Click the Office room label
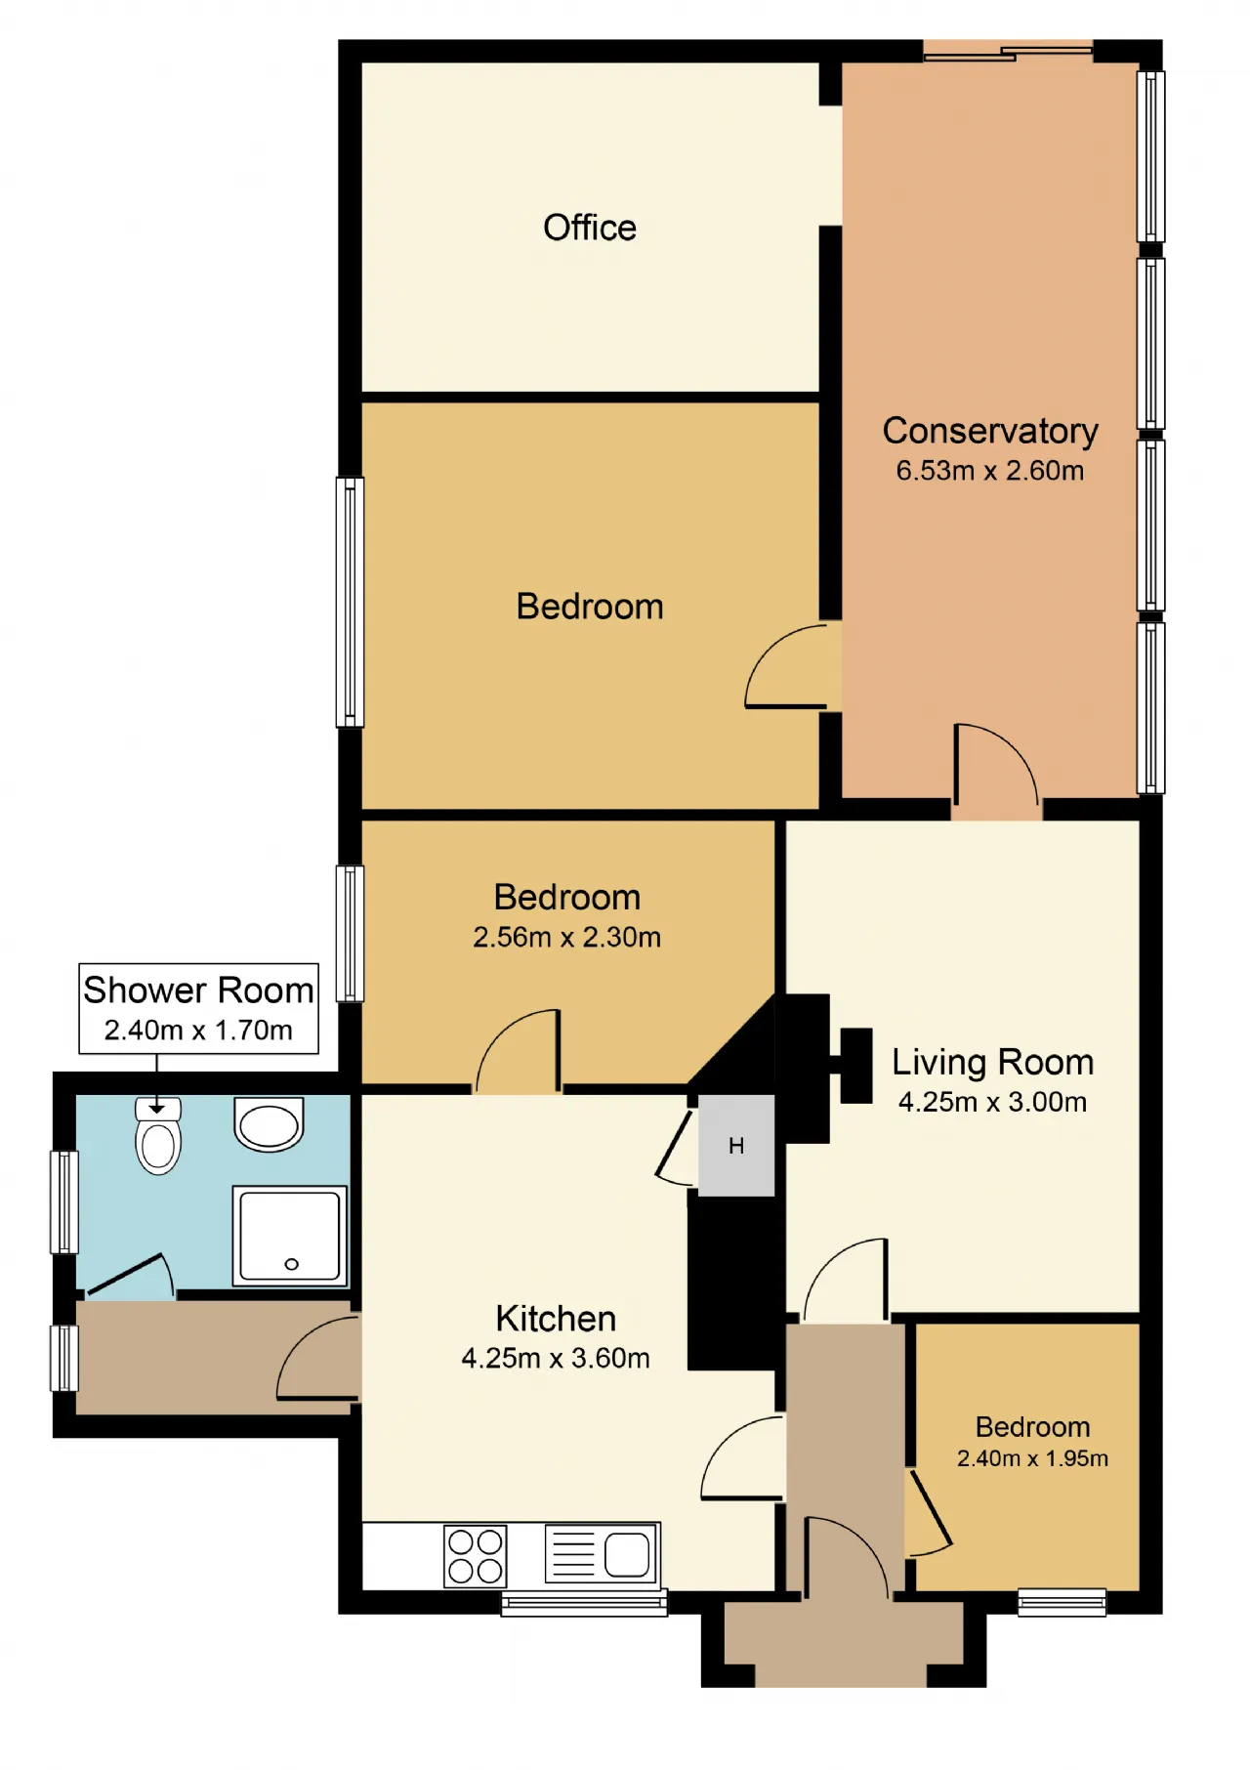point(590,228)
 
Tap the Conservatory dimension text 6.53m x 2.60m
point(990,471)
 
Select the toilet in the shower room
point(158,1136)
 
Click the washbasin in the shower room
point(269,1124)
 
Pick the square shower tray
point(290,1236)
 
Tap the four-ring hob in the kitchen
point(476,1555)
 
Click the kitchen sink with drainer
point(602,1553)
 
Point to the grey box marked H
point(736,1145)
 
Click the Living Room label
point(992,1062)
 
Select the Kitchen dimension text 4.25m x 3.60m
point(556,1359)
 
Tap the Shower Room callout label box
point(198,1009)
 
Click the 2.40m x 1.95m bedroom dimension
point(1032,1458)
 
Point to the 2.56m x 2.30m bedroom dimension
point(566,938)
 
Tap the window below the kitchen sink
point(584,1603)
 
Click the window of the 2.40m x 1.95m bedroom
point(1062,1603)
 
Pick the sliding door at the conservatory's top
point(1008,51)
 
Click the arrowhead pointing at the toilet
point(156,1109)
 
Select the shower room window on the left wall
point(63,1202)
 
